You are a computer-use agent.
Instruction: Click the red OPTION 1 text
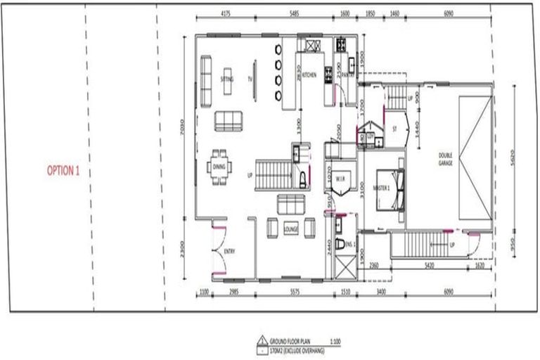coord(63,169)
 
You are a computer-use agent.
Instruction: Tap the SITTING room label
coord(226,79)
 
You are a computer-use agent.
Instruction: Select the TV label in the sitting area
coord(250,79)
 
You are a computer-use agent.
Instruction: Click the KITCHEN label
coord(310,74)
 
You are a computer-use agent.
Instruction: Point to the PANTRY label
coord(347,73)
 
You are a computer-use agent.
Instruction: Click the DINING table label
coord(217,167)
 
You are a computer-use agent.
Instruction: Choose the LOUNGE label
coord(291,229)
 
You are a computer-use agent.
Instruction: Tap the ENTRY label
coord(229,251)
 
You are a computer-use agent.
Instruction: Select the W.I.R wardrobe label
coord(338,179)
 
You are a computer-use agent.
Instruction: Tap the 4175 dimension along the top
coord(226,13)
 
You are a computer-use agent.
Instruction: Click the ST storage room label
coord(395,129)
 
